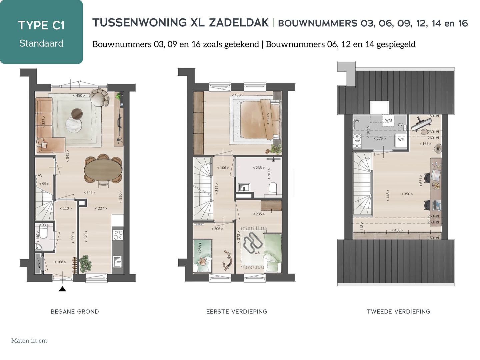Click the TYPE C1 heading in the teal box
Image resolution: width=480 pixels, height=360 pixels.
click(41, 25)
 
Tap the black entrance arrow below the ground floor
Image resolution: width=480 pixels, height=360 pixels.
click(62, 289)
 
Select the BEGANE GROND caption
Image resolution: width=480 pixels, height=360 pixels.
click(75, 312)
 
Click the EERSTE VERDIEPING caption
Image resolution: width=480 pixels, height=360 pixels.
click(237, 312)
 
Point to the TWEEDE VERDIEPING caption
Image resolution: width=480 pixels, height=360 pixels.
click(398, 312)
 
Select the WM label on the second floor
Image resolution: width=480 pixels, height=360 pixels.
click(389, 120)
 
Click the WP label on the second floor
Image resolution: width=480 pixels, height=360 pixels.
click(401, 139)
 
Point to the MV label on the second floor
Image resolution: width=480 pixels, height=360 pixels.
click(357, 141)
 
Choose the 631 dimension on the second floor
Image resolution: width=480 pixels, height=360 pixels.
click(421, 181)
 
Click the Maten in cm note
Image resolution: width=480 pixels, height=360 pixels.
click(29, 341)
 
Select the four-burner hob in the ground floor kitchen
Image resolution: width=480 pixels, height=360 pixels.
click(118, 235)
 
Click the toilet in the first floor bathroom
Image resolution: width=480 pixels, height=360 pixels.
click(273, 188)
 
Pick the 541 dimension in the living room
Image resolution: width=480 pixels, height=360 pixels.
click(68, 155)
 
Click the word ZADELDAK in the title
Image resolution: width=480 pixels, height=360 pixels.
click(239, 23)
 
